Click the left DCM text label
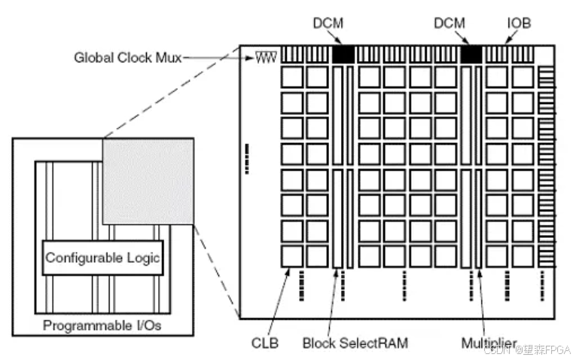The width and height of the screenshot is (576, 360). pos(328,23)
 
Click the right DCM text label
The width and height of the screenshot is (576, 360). pos(449,23)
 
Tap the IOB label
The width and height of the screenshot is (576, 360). pos(518,23)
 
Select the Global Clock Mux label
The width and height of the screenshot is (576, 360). pos(127,57)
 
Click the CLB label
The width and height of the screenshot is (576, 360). pos(265,343)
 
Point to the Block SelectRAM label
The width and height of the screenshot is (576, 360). pos(355,343)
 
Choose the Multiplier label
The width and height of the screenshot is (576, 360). pos(490,343)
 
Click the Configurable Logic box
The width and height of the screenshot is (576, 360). pos(102,258)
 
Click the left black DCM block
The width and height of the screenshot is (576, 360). pos(343,54)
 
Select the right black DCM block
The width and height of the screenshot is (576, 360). pos(471,54)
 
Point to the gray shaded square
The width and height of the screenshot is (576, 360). pos(148,181)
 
